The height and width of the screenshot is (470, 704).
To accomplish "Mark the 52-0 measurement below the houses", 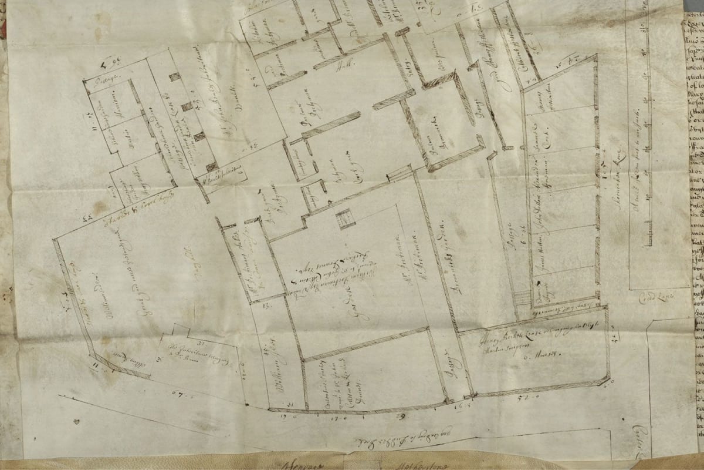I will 533,399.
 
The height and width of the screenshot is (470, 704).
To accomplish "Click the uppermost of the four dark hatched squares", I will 174,77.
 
